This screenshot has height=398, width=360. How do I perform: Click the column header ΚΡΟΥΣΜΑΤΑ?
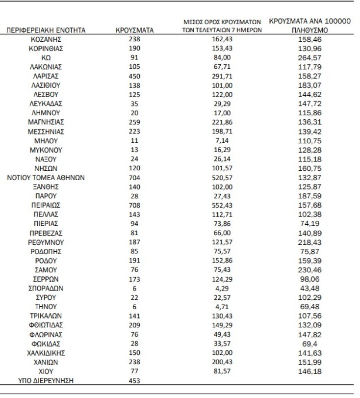(x=135, y=30)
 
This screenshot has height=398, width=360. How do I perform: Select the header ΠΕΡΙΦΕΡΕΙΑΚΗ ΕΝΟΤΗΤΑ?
(x=46, y=30)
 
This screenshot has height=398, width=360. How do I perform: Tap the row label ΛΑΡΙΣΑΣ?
(x=46, y=76)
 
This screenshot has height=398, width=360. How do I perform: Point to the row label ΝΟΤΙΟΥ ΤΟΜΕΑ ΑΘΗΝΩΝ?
(x=46, y=177)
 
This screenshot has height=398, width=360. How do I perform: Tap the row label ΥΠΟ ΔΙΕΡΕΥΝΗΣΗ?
(x=46, y=380)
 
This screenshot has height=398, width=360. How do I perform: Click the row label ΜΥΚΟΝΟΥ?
(x=46, y=150)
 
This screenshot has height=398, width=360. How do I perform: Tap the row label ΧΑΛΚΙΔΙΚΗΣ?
(x=46, y=352)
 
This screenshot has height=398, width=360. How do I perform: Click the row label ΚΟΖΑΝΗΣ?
(x=46, y=39)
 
